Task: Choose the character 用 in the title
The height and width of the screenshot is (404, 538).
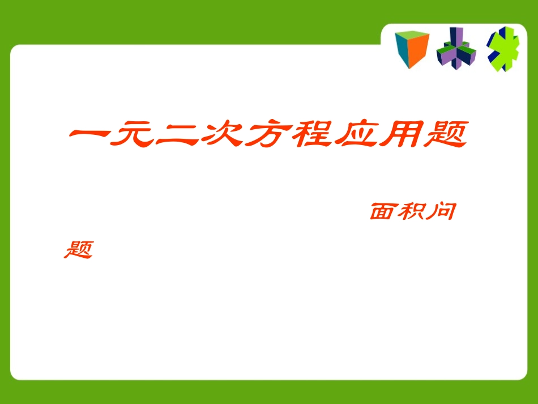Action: (400, 136)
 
